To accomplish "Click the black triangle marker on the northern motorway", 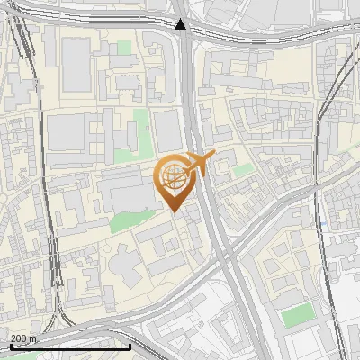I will [181, 24].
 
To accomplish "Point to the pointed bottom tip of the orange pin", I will [175, 211].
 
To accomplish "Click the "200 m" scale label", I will [23, 338].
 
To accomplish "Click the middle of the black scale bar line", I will [70, 346].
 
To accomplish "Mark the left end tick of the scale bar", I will [10, 346].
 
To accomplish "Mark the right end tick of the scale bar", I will [130, 346].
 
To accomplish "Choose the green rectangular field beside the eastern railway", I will [297, 316].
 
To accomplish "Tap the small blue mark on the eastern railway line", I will [321, 223].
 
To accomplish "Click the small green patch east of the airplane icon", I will [242, 168].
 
